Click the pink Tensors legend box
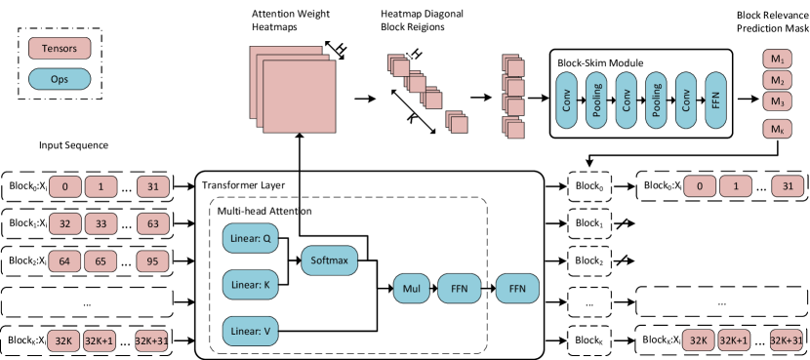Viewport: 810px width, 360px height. click(x=60, y=48)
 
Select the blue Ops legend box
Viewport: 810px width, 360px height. click(x=60, y=79)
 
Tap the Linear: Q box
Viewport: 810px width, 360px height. click(x=252, y=238)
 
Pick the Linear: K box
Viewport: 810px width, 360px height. click(x=252, y=285)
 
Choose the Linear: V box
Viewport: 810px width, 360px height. click(x=252, y=331)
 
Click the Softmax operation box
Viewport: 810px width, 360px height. click(x=330, y=260)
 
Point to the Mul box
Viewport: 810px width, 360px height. click(x=411, y=289)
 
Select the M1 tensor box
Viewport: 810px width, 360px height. click(x=777, y=59)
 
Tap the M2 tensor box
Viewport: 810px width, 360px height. click(x=777, y=80)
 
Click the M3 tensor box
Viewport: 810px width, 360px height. click(x=777, y=101)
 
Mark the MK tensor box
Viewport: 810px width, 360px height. click(x=777, y=129)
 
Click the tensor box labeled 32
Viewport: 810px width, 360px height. click(x=64, y=224)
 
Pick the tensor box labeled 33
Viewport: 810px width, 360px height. click(x=101, y=224)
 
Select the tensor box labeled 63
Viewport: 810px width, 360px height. click(x=152, y=224)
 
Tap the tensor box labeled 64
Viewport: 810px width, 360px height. click(x=64, y=261)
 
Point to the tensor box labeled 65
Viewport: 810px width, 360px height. click(x=101, y=261)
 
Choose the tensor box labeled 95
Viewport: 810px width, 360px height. click(x=152, y=261)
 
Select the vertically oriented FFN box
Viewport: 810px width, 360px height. click(x=715, y=100)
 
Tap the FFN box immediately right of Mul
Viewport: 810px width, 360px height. click(x=459, y=289)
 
